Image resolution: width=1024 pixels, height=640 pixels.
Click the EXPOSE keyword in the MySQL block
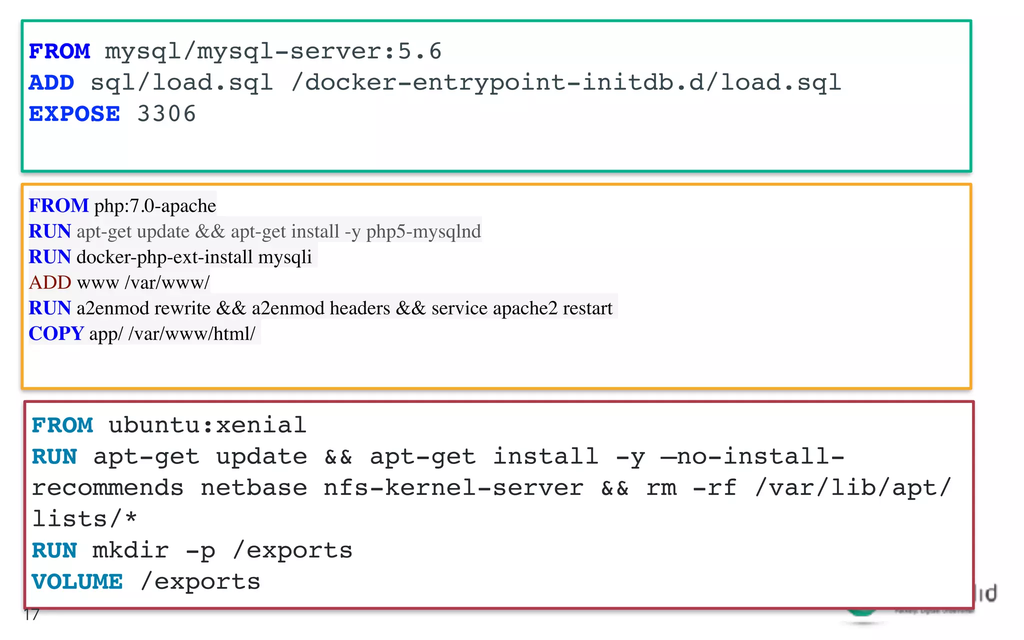tap(74, 114)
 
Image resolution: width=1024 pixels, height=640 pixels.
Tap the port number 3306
tap(166, 114)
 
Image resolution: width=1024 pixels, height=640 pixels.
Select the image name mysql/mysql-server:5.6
tap(273, 51)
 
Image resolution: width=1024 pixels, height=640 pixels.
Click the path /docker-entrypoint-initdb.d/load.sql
tap(566, 82)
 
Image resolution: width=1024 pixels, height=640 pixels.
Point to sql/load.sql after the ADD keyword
tap(181, 82)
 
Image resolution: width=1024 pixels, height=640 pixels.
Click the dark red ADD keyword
tap(50, 282)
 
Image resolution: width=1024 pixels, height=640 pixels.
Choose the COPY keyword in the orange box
tap(56, 333)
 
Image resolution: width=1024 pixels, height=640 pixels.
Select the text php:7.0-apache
tap(155, 206)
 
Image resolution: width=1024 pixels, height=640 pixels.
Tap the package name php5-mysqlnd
tap(423, 231)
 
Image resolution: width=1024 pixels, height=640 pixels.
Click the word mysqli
tap(285, 257)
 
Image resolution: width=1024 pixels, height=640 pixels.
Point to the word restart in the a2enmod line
tap(587, 308)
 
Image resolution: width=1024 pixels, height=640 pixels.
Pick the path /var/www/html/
tap(191, 333)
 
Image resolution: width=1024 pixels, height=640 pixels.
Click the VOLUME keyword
tap(77, 581)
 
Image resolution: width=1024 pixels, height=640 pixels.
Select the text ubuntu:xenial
tap(207, 425)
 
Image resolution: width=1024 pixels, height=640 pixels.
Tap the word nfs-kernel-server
tap(453, 488)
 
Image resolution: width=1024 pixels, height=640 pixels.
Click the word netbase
tap(253, 488)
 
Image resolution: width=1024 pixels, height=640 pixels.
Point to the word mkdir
tap(130, 550)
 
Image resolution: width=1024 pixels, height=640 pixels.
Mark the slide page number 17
tap(31, 614)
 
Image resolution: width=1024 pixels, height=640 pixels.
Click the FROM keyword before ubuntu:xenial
tap(62, 425)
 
